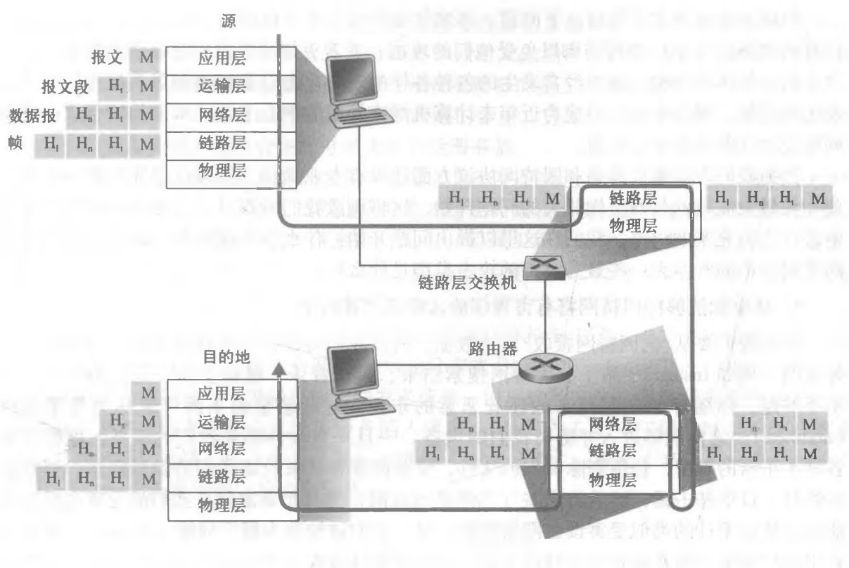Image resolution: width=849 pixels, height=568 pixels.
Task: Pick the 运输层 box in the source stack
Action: click(x=222, y=86)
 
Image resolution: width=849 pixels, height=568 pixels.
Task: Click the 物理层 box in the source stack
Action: click(x=222, y=171)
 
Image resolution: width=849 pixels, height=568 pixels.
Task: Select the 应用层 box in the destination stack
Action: click(x=222, y=394)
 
